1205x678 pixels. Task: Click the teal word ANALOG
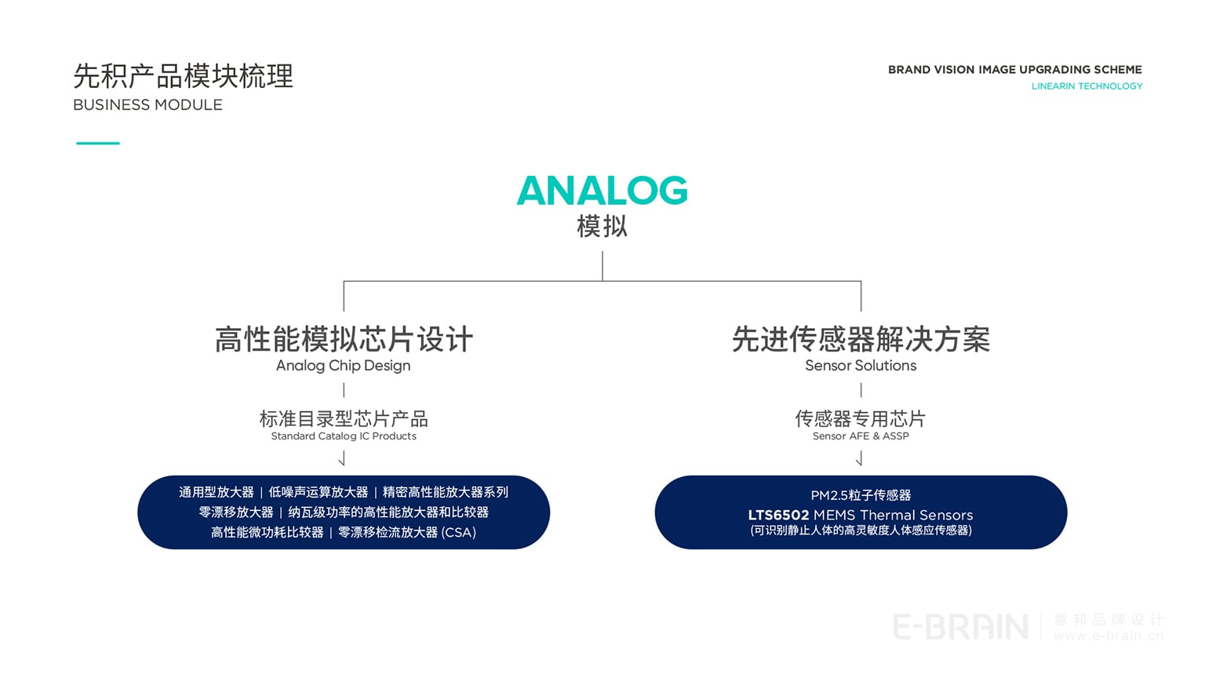point(602,191)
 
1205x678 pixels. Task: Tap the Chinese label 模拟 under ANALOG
point(602,227)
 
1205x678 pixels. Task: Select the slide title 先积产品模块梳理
point(183,76)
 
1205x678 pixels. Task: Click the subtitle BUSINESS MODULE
point(147,105)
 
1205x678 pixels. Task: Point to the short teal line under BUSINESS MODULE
point(98,143)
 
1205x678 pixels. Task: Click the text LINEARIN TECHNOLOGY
point(1087,86)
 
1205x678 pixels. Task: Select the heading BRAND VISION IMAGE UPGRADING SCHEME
point(1014,70)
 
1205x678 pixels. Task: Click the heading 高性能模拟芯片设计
point(344,340)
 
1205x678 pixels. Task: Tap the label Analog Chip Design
point(343,366)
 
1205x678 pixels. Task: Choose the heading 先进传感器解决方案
point(861,340)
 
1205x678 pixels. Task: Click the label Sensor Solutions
point(861,366)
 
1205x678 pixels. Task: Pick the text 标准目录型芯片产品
point(344,418)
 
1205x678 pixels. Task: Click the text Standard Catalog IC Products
point(344,436)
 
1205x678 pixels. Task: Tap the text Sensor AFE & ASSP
point(861,436)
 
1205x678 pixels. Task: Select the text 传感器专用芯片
point(861,418)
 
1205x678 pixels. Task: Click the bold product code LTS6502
point(778,516)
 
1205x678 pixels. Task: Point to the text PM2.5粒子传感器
point(861,495)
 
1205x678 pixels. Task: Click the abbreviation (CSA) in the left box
point(459,533)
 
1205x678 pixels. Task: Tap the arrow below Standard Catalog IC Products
point(342,458)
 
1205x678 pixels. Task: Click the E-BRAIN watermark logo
point(960,627)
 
